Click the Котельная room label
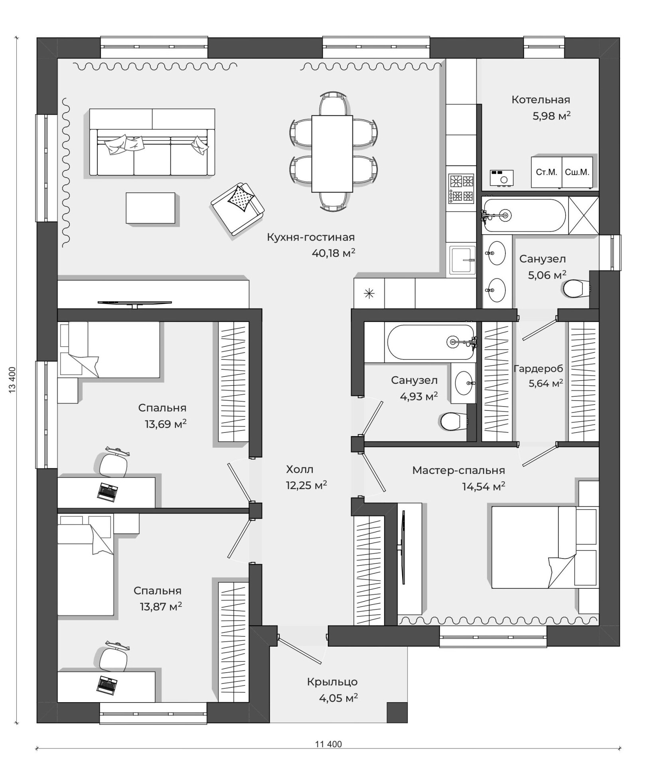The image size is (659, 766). coord(541,100)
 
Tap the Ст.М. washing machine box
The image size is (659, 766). coord(547,172)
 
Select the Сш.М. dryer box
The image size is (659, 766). coord(577,172)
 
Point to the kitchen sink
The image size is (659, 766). coord(463,260)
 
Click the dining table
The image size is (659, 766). coord(332,154)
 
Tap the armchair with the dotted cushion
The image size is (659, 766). coord(238,209)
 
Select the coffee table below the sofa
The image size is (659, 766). coord(150,208)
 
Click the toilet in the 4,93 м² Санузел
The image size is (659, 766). coord(454,422)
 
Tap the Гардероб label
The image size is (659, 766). coord(538,369)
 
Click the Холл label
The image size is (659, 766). coord(300,469)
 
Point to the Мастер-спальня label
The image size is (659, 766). coord(459,471)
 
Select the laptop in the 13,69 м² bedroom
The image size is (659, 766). coord(107,492)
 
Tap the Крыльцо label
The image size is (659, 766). coord(332,682)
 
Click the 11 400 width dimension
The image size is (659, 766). coord(328,744)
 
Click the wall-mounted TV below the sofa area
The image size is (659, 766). coord(135,304)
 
